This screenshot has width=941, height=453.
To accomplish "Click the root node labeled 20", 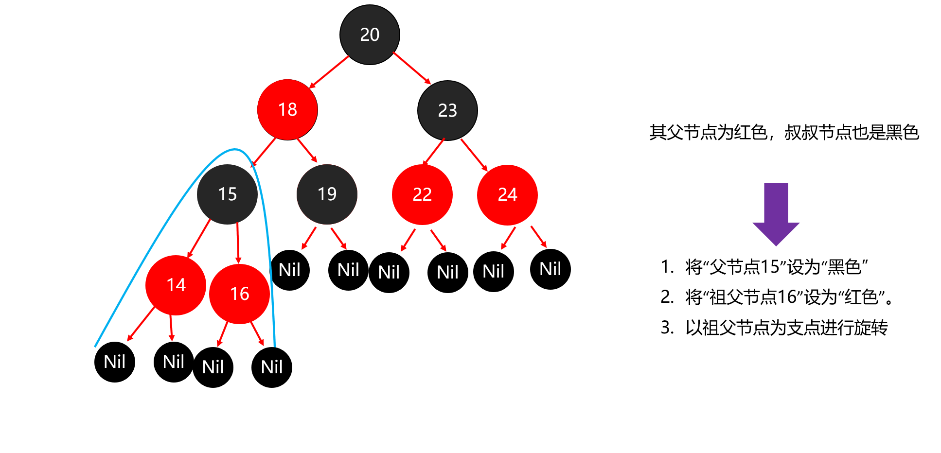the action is (x=370, y=35).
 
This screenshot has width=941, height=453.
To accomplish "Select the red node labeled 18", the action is (x=287, y=110).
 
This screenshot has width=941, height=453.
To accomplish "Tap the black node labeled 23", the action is (x=447, y=111).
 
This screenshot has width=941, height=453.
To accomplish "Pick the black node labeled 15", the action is (x=227, y=194).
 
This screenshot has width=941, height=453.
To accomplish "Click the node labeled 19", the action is (x=327, y=194).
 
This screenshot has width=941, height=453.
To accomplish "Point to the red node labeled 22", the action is (x=422, y=195).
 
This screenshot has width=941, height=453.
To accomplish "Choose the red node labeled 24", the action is (x=507, y=195).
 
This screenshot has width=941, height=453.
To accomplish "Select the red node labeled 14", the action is (x=176, y=285).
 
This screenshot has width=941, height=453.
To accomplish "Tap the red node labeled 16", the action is (x=239, y=294).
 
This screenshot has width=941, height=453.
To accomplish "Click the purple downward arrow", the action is (x=776, y=214).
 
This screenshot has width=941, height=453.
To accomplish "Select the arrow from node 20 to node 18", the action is (x=329, y=72).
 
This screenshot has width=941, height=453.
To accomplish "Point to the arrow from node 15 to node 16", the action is (x=238, y=244).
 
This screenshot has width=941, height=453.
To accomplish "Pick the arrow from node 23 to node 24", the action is (x=474, y=155).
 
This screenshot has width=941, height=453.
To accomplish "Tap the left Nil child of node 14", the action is (x=115, y=362).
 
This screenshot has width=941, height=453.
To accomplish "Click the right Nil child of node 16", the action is (x=272, y=367).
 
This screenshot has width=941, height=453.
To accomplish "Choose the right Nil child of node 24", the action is (x=550, y=269).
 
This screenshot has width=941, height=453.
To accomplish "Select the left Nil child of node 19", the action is (x=289, y=270).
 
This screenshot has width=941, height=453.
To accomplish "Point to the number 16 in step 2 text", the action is (x=787, y=297).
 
